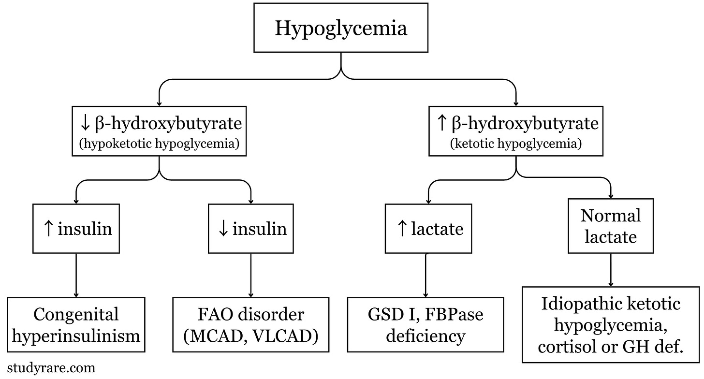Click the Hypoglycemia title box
[x=341, y=28]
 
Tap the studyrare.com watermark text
[x=51, y=368]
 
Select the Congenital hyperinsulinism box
[x=76, y=325]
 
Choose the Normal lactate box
[x=611, y=226]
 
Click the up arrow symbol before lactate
[x=402, y=229]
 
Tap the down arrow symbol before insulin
[x=223, y=229]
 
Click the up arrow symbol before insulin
[x=48, y=229]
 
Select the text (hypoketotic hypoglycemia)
[x=159, y=144]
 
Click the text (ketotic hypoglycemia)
[x=516, y=144]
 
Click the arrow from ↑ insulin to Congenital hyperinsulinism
[x=76, y=275]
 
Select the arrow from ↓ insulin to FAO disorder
[x=251, y=275]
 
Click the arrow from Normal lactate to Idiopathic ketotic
[x=611, y=270]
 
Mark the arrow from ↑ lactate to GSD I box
[x=426, y=275]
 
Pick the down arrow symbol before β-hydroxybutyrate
[x=85, y=123]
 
